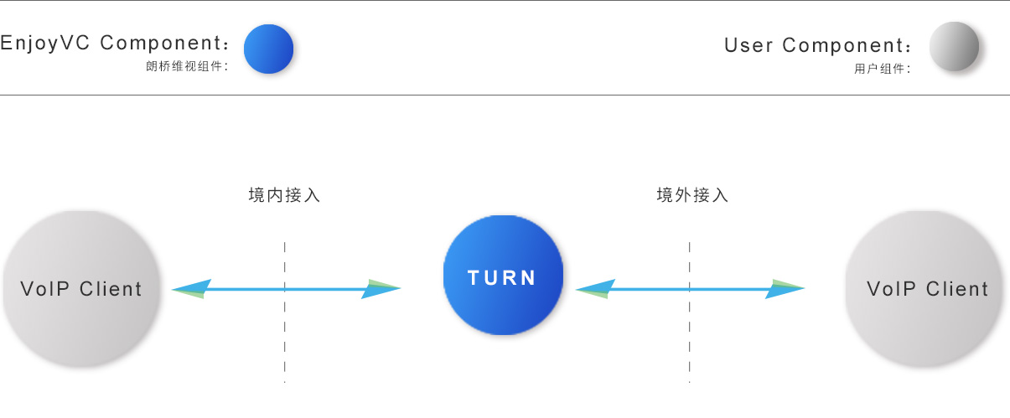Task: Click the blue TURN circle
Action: pos(503,251)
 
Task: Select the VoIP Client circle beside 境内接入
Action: pos(80,289)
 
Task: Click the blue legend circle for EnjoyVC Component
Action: pos(268,49)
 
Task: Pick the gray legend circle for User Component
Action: pos(954,47)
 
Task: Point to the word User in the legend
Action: pos(749,45)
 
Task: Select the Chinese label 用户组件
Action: pos(881,69)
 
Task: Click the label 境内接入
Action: pos(285,196)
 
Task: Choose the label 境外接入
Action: pos(692,196)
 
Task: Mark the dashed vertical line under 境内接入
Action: pos(285,335)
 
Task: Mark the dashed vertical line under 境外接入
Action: pos(690,335)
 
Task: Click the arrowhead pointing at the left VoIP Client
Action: pos(189,289)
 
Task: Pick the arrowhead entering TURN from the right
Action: pos(593,289)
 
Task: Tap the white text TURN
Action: pos(502,278)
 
